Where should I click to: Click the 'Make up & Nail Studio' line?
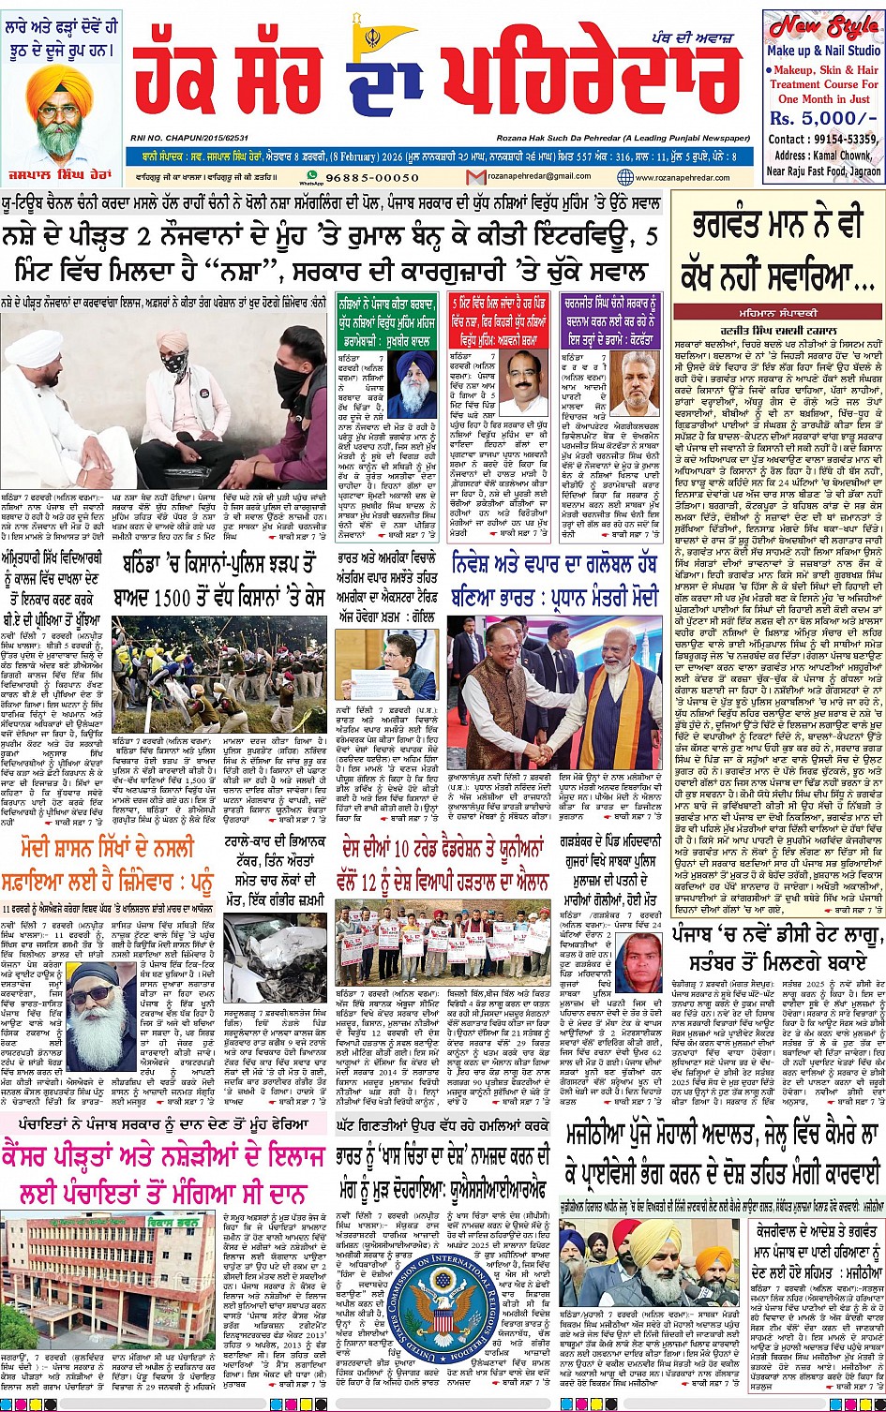pyautogui.click(x=822, y=51)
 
